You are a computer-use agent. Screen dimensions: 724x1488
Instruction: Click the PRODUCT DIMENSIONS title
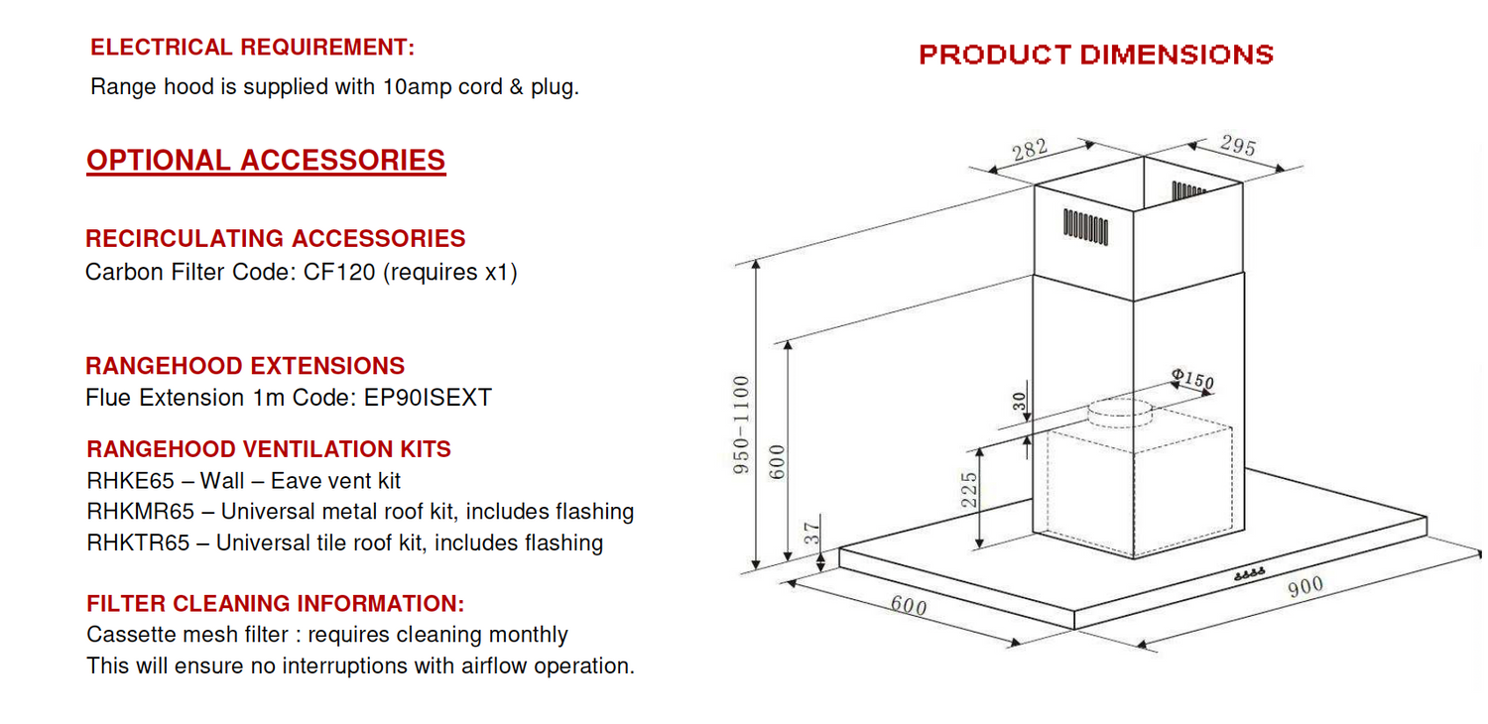tap(1095, 55)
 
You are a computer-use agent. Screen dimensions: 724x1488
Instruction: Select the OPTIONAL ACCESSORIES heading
tap(266, 161)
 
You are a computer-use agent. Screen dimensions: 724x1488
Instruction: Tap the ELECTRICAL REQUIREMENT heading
tap(252, 48)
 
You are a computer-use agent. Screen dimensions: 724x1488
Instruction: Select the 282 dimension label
tap(1030, 151)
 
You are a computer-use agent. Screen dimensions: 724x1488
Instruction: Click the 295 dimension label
tap(1237, 147)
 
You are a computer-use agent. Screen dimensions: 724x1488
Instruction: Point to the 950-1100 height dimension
tap(742, 423)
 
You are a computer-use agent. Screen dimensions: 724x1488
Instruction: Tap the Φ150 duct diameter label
tap(1191, 379)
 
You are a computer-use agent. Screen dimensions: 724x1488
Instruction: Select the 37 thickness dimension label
tap(811, 535)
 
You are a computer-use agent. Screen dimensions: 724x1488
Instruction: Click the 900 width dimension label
tap(1305, 587)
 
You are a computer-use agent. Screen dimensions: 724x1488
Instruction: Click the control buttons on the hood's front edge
tap(1248, 574)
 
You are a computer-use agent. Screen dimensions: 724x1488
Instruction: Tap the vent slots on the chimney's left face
tap(1085, 226)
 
